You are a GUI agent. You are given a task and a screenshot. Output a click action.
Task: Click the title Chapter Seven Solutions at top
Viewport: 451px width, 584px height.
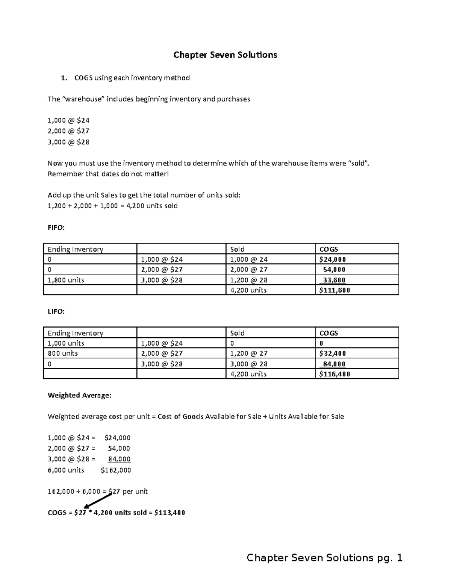pyautogui.click(x=225, y=55)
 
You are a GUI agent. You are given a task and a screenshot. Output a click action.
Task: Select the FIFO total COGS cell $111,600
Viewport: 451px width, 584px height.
pyautogui.click(x=334, y=290)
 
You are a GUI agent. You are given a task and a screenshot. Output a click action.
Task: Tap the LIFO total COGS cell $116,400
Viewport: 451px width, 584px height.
pyautogui.click(x=334, y=374)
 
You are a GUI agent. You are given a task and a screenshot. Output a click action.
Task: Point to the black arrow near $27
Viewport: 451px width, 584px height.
pyautogui.click(x=98, y=501)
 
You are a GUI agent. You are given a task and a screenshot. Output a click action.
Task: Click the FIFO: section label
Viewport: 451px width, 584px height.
pyautogui.click(x=56, y=228)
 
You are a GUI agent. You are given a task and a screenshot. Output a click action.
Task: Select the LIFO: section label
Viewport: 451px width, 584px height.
pyautogui.click(x=56, y=311)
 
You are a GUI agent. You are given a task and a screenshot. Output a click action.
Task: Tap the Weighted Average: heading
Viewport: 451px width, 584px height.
pyautogui.click(x=79, y=395)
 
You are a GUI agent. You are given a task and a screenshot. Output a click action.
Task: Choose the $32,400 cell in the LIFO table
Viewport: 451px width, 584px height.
pyautogui.click(x=333, y=353)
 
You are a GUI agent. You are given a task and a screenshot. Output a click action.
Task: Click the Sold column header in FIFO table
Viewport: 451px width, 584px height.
pyautogui.click(x=237, y=249)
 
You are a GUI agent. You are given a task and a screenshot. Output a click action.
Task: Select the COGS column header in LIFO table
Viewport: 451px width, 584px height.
pyautogui.click(x=328, y=333)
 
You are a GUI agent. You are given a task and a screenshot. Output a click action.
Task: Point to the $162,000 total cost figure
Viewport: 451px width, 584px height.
pyautogui.click(x=116, y=470)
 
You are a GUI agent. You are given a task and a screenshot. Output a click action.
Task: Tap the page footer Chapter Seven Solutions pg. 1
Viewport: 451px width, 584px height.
pyautogui.click(x=324, y=557)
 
